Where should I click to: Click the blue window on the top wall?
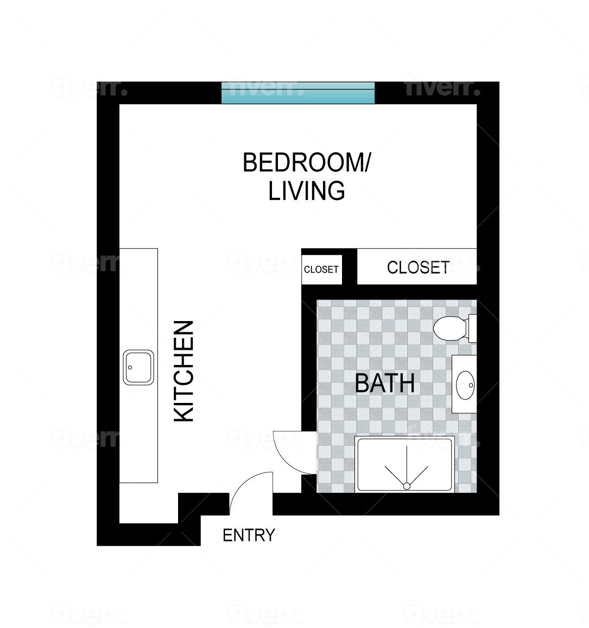click(298, 93)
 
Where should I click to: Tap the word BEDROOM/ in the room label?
click(306, 163)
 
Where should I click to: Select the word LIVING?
click(307, 191)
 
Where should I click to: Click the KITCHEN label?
click(184, 371)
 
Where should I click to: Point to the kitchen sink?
click(138, 368)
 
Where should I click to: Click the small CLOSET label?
click(321, 270)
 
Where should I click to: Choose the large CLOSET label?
click(418, 267)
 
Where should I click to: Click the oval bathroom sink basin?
click(465, 385)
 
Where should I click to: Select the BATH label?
click(384, 383)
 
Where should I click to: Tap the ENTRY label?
click(249, 535)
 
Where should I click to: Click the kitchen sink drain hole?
click(130, 367)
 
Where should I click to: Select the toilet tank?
click(472, 328)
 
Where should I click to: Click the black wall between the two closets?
click(350, 267)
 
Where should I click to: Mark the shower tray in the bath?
click(404, 465)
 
